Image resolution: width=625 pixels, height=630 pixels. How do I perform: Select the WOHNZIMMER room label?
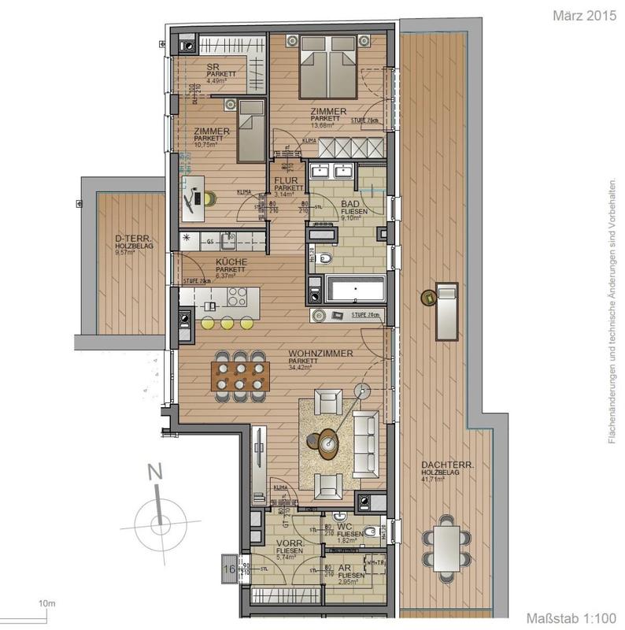tap(320, 354)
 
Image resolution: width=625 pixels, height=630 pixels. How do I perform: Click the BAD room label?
tap(350, 204)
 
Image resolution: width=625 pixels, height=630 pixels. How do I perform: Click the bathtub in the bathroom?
tap(354, 290)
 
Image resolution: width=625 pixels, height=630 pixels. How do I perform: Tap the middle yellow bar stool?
tap(227, 323)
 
